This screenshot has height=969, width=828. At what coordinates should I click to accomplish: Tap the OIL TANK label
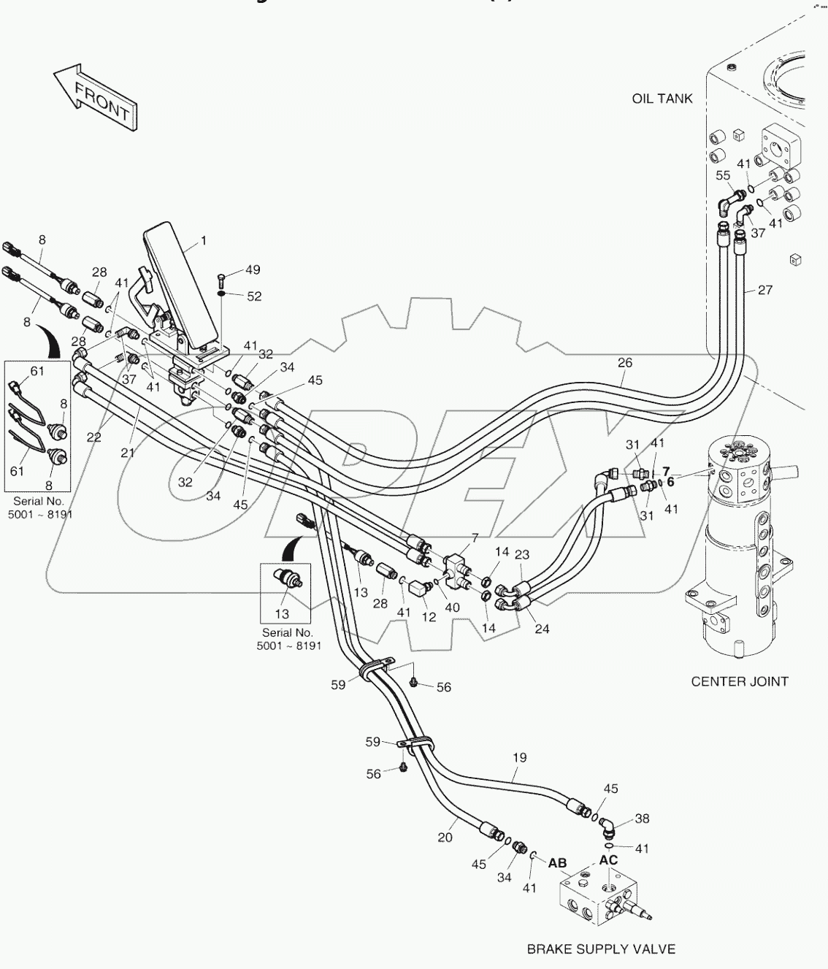(x=662, y=99)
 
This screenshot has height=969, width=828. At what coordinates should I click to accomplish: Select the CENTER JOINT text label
(x=739, y=681)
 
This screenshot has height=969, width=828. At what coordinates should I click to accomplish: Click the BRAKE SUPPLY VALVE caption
(x=601, y=949)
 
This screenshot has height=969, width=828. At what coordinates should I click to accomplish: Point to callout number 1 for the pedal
(x=204, y=240)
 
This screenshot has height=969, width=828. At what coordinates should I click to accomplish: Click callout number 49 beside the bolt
(x=253, y=271)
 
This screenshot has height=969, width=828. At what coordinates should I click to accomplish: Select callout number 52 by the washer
(x=253, y=296)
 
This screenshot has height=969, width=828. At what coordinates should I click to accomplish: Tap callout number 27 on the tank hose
(x=764, y=290)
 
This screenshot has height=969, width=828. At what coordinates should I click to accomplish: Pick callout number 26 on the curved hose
(x=624, y=362)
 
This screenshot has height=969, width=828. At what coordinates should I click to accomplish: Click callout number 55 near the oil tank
(x=722, y=175)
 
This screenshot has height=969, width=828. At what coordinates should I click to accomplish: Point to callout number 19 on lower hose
(x=518, y=758)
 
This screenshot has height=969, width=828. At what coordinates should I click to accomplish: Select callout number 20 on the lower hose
(x=445, y=838)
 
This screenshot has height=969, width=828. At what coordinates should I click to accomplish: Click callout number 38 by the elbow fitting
(x=641, y=819)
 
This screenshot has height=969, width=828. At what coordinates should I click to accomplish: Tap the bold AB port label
(x=557, y=863)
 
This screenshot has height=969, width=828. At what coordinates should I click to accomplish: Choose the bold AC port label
(x=608, y=860)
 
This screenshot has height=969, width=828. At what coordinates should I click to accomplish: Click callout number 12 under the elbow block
(x=429, y=617)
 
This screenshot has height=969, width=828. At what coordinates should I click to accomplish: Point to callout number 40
(x=452, y=608)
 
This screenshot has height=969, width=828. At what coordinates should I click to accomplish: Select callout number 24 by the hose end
(x=542, y=629)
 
